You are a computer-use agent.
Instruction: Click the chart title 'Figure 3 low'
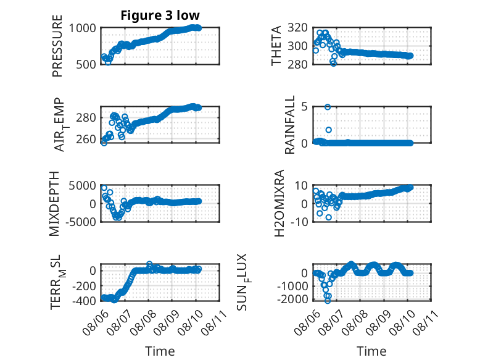click(160, 15)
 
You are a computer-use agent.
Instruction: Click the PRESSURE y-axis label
click(57, 46)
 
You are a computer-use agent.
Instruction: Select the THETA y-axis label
click(276, 46)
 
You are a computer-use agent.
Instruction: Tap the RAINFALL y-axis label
click(289, 124)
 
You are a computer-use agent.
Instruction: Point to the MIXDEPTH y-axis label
click(54, 203)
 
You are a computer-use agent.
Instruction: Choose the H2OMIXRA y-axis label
click(279, 203)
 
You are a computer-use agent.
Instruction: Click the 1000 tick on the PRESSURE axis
click(82, 28)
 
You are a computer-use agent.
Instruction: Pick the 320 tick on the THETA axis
click(297, 28)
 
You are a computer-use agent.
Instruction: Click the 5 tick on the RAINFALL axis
click(304, 107)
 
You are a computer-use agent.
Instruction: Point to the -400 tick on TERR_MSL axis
click(84, 301)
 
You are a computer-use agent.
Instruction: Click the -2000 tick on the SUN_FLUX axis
click(292, 299)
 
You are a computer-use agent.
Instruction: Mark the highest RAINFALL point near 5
click(328, 107)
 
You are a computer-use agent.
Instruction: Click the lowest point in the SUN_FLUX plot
click(328, 301)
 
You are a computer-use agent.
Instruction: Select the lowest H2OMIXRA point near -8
click(328, 217)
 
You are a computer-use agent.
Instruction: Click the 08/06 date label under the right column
click(307, 322)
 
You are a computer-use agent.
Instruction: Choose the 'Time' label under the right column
click(371, 351)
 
